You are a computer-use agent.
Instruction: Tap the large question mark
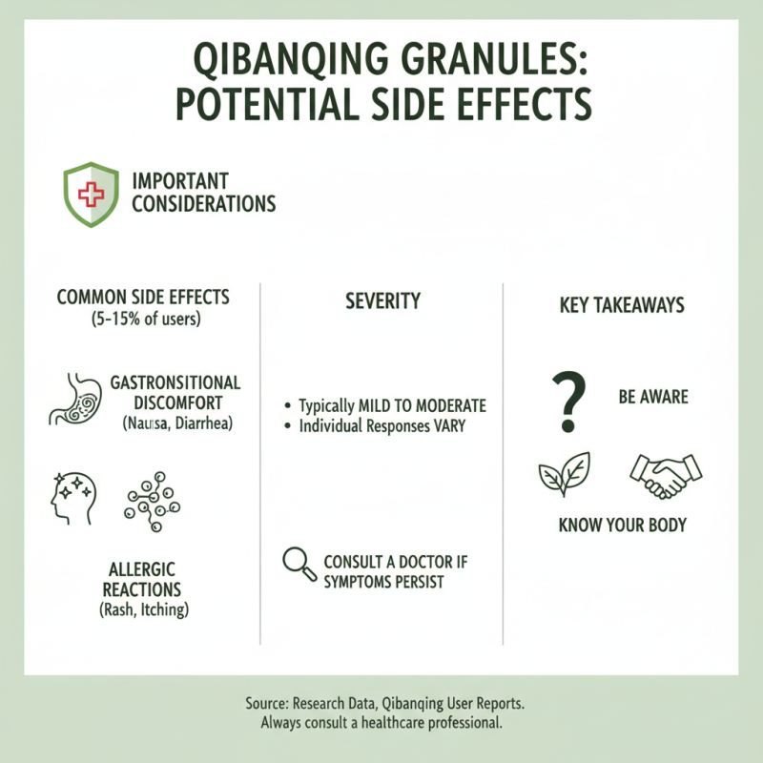click(x=569, y=402)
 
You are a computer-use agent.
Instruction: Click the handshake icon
click(x=665, y=474)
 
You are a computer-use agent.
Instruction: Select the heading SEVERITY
click(x=381, y=301)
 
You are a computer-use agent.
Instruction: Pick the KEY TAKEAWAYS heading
click(x=622, y=306)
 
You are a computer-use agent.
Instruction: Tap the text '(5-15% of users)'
click(x=142, y=320)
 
